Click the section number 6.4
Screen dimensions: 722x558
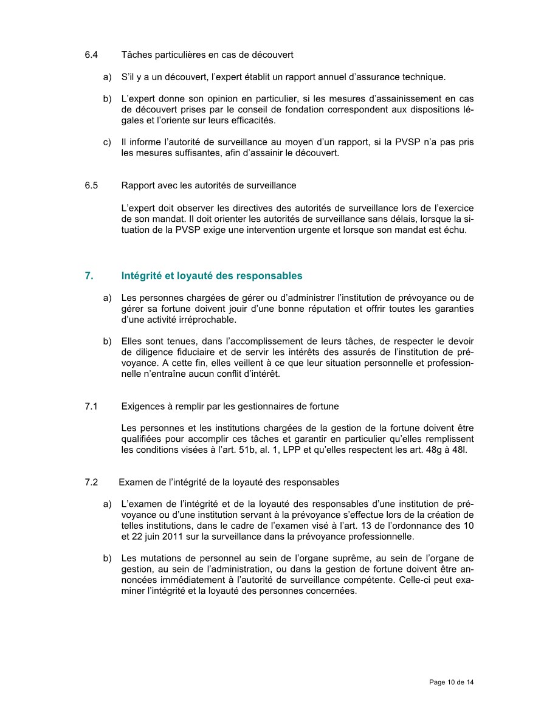click(x=91, y=55)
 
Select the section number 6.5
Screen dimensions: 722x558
click(x=91, y=185)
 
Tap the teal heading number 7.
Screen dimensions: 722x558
click(x=89, y=275)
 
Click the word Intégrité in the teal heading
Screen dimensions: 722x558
click(x=141, y=275)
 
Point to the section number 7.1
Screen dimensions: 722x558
click(x=91, y=406)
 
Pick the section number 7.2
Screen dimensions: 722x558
click(x=91, y=482)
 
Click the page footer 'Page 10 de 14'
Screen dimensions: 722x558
click(x=451, y=682)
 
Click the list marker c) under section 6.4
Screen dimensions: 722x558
click(x=107, y=142)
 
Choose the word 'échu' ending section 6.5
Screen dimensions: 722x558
click(x=456, y=230)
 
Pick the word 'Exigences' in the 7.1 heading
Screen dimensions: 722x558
click(x=142, y=406)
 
